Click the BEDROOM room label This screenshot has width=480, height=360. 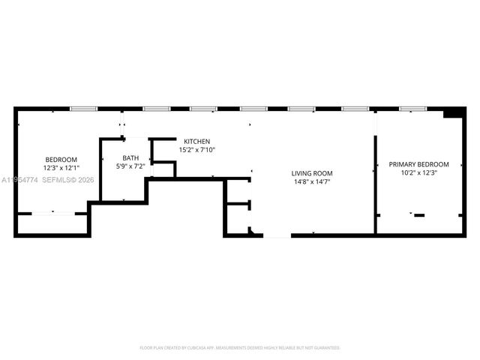pos(61,159)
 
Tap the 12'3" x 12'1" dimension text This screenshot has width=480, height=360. pos(61,167)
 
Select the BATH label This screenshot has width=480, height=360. pos(131,157)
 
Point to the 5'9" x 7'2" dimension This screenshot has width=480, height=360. pos(131,166)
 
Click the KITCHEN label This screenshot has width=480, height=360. pos(197,141)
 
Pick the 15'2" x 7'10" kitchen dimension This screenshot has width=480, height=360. pos(197,149)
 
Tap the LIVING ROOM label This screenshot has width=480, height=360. pos(312,173)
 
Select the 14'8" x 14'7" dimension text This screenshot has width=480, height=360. pos(312,181)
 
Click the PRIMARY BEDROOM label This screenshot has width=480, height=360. pos(418,164)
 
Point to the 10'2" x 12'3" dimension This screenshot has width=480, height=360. pos(418,172)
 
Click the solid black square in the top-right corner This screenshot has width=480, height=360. pos(454,113)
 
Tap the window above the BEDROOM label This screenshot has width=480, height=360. pos(82,109)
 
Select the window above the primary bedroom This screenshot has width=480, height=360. pos(411,109)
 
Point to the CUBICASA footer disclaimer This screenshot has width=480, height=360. pos(240,347)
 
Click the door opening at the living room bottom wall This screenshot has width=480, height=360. pos(277,235)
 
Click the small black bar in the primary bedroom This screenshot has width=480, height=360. pos(419,215)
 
